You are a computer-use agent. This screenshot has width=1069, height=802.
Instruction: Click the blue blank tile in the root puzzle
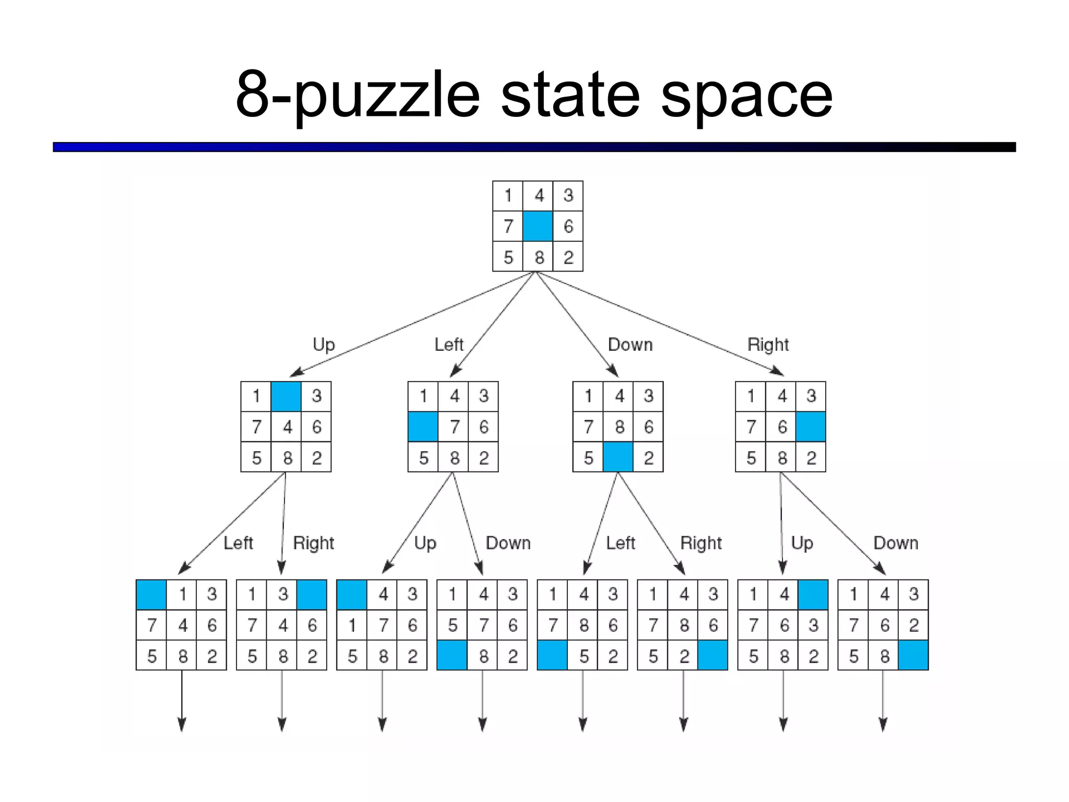pos(538,226)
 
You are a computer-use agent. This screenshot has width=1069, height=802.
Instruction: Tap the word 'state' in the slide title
pos(570,95)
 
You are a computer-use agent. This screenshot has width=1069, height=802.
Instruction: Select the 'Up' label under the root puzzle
pos(324,345)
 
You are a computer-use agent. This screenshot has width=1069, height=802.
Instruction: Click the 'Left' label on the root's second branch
pos(449,345)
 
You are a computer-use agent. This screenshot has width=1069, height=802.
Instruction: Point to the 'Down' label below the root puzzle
pos(630,345)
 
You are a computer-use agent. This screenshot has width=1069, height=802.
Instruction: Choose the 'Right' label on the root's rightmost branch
pos(768,345)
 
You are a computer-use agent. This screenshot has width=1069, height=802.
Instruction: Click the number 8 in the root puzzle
pos(539,257)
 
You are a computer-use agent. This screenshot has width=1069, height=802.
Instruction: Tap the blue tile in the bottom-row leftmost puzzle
pos(151,595)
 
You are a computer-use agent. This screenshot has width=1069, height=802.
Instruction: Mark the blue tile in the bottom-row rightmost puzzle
pos(913,656)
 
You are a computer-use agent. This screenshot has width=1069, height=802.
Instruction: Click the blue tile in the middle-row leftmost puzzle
pos(286,396)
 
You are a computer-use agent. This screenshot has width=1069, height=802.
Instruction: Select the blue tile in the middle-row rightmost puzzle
pos(811,427)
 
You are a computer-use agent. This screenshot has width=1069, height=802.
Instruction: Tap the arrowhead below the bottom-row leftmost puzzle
pos(182,725)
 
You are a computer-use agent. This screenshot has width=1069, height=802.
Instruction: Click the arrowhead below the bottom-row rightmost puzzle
pos(883,725)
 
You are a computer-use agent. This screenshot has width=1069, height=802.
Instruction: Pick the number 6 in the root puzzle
pos(568,226)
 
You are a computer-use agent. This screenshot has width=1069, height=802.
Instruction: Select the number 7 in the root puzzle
pos(508,226)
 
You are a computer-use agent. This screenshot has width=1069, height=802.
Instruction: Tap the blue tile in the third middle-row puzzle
pos(618,457)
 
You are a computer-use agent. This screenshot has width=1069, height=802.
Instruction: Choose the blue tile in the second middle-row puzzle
pos(423,427)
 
